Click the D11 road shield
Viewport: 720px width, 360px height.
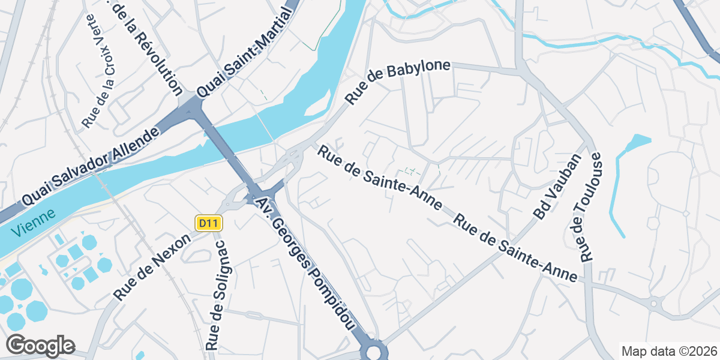pyautogui.click(x=209, y=224)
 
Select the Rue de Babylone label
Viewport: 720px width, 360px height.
pyautogui.click(x=398, y=82)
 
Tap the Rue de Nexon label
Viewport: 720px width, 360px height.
pyautogui.click(x=152, y=267)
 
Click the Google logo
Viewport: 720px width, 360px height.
pyautogui.click(x=40, y=346)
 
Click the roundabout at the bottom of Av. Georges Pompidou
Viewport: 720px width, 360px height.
pyautogui.click(x=374, y=352)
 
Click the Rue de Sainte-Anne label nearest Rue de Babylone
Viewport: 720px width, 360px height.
pyautogui.click(x=379, y=178)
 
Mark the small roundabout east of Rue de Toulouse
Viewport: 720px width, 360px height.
pyautogui.click(x=654, y=303)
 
